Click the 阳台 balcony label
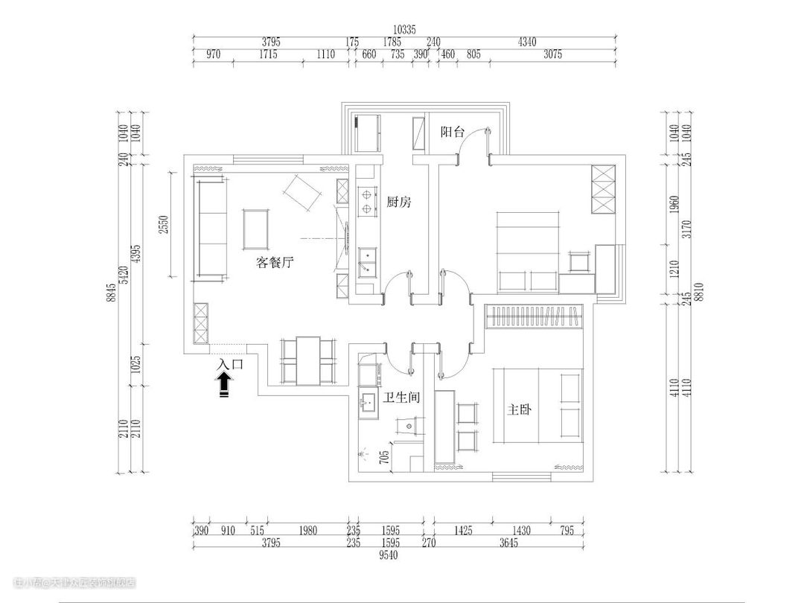[453, 133]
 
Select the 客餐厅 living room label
[275, 262]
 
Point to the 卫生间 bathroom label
[402, 398]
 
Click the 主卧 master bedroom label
[518, 410]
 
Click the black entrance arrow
[223, 385]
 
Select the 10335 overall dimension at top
[405, 30]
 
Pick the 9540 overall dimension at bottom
[389, 555]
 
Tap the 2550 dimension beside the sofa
[165, 223]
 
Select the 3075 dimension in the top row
[552, 54]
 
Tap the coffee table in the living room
[257, 229]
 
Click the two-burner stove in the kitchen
[367, 201]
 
